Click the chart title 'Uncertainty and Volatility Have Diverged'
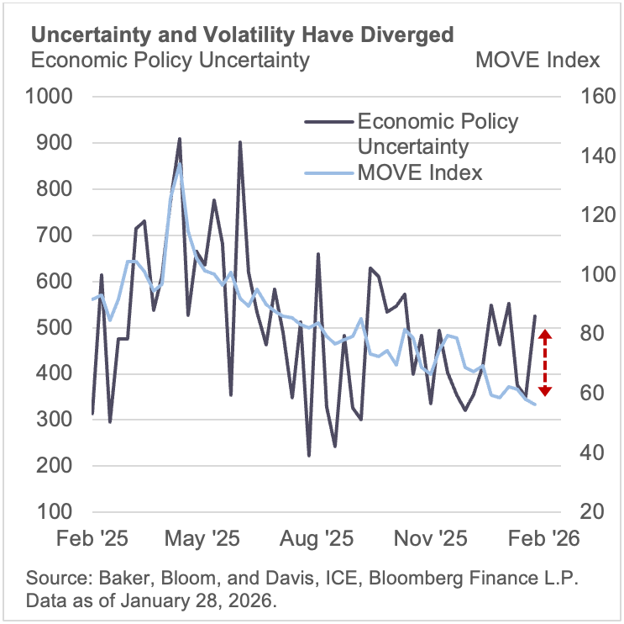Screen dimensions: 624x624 243,34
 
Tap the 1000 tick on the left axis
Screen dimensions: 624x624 52,97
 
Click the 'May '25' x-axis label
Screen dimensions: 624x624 204,539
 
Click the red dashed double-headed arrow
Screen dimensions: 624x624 544,362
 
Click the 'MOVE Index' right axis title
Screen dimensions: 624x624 537,61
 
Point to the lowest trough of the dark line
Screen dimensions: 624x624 309,456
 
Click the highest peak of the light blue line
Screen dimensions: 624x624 179,164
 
